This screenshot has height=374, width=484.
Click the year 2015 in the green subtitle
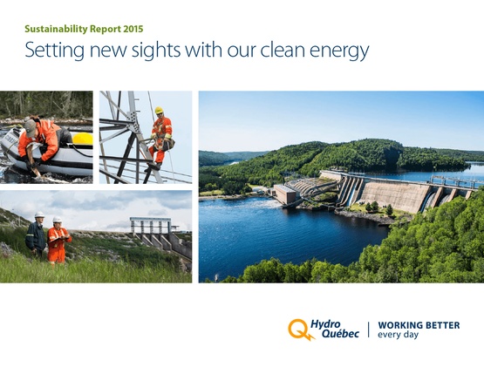click(x=133, y=29)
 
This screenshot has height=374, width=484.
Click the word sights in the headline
click(x=156, y=50)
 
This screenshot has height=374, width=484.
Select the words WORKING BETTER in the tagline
click(x=419, y=325)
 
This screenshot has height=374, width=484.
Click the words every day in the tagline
click(x=399, y=335)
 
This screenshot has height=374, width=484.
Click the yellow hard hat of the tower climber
click(x=159, y=110)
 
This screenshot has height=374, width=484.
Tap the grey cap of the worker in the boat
click(x=30, y=127)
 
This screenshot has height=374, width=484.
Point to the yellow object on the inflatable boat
click(x=83, y=139)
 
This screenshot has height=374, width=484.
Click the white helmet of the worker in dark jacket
click(x=39, y=214)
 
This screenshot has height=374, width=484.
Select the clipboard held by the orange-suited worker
click(x=61, y=237)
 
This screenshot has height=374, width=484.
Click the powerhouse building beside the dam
click(x=285, y=194)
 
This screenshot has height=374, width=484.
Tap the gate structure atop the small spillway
click(x=150, y=225)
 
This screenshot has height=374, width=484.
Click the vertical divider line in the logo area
click(x=368, y=330)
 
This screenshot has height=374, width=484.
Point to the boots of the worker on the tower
click(x=153, y=167)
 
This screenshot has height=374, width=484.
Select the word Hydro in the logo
click(x=325, y=324)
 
